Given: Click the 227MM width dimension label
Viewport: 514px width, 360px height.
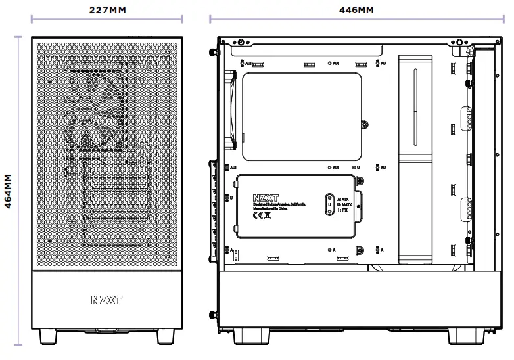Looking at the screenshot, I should [x=107, y=9].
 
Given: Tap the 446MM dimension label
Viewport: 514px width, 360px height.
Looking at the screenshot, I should [x=356, y=9].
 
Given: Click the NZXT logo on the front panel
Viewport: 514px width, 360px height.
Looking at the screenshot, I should [x=107, y=300].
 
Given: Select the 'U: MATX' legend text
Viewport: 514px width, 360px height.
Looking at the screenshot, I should [x=344, y=204].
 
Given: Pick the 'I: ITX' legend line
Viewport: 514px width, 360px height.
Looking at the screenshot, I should [x=343, y=210].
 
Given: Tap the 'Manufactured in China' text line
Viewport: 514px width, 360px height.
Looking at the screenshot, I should [x=269, y=208].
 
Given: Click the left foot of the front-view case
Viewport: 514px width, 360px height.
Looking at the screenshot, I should [x=48, y=336].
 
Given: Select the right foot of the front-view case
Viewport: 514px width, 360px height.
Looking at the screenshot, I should [x=166, y=336].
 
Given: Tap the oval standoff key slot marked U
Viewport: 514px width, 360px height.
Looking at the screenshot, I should [x=329, y=204].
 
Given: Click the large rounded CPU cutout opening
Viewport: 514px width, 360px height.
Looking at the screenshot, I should [x=302, y=116].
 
